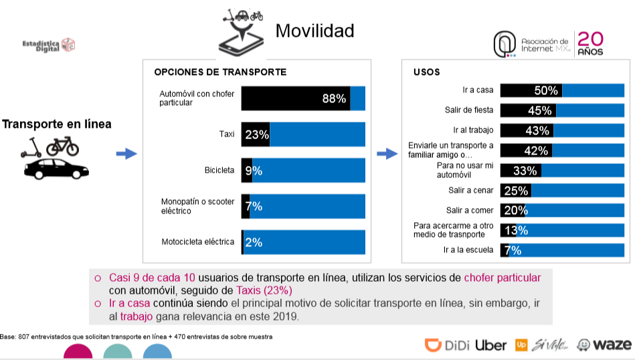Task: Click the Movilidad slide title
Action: coord(314,31)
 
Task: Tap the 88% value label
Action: coord(334,98)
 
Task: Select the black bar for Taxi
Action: coord(255,134)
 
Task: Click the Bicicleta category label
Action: coord(219,171)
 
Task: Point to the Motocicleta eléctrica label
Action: coord(197,242)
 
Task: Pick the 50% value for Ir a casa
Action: coord(547,90)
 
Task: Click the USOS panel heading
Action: coord(427,72)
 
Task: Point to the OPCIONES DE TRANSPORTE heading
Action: coord(220,72)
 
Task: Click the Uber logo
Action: coord(490,345)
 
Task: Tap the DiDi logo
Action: coord(447,345)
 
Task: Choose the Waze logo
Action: coord(604,345)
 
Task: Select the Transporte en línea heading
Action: coord(57,124)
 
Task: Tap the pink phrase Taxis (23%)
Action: coord(264,290)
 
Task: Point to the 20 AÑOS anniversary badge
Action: coord(590,43)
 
